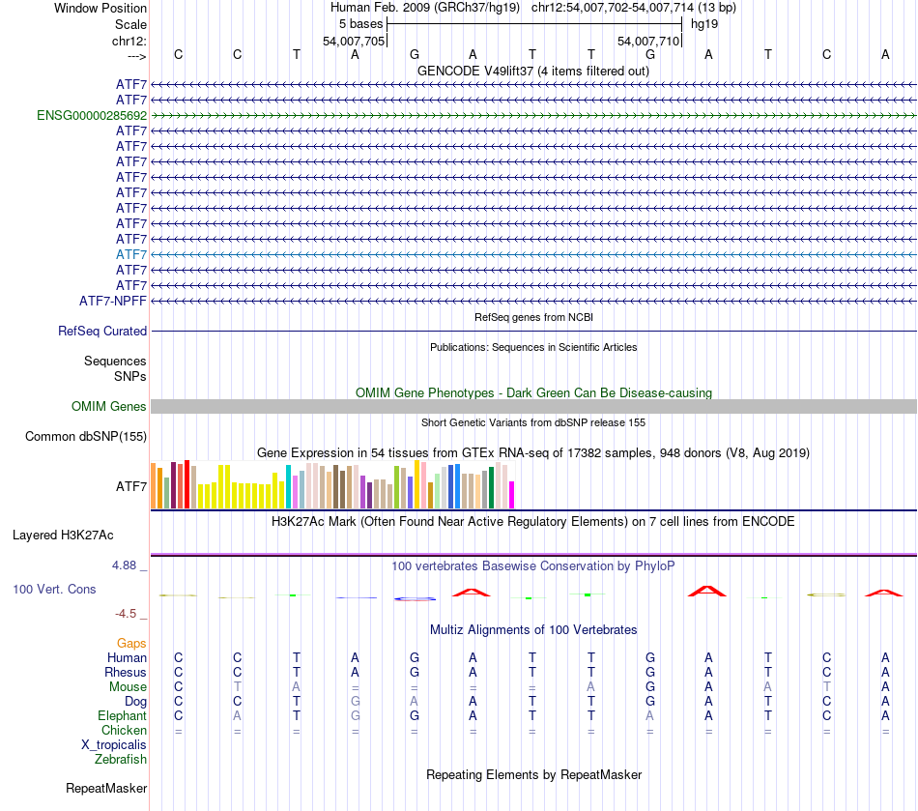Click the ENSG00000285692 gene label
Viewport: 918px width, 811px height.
pos(92,115)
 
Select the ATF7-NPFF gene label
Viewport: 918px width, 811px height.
pos(113,301)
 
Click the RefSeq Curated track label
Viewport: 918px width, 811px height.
pos(102,331)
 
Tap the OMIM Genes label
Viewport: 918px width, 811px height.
pos(109,407)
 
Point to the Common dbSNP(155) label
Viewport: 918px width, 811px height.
pos(86,437)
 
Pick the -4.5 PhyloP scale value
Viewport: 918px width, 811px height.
pos(128,613)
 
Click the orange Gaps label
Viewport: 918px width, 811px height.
pos(131,643)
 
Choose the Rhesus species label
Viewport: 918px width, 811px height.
pos(126,672)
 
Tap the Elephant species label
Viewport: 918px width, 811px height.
pos(122,715)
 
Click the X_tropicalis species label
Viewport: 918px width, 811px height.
pos(114,744)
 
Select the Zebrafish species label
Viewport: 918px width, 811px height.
pos(121,759)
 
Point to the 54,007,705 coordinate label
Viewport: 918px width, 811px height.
pos(354,41)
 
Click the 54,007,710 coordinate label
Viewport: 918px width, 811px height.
pos(648,41)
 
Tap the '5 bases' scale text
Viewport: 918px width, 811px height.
pos(361,23)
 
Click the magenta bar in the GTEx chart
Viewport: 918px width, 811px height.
pos(512,494)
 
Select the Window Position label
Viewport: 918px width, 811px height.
pos(100,8)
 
